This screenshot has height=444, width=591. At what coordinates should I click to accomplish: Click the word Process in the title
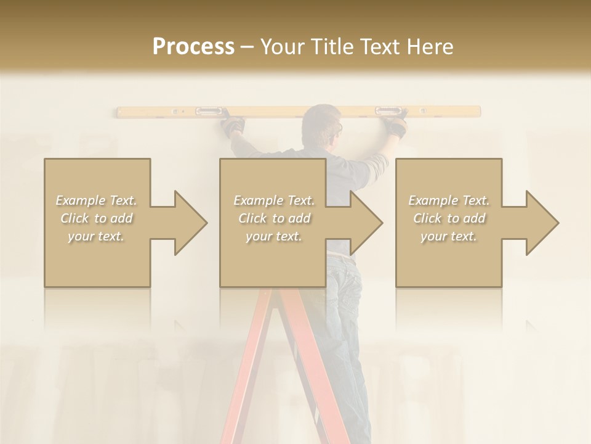point(193,47)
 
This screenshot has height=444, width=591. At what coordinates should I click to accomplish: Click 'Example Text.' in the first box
point(97,200)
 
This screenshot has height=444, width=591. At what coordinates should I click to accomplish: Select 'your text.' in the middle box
point(274,236)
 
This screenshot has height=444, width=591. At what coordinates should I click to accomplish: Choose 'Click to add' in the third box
point(449,218)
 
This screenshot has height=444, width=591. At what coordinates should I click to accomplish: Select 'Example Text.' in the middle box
point(274,200)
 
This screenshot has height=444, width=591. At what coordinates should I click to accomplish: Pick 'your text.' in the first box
point(97,236)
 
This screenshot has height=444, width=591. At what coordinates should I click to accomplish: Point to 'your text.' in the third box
point(449,236)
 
